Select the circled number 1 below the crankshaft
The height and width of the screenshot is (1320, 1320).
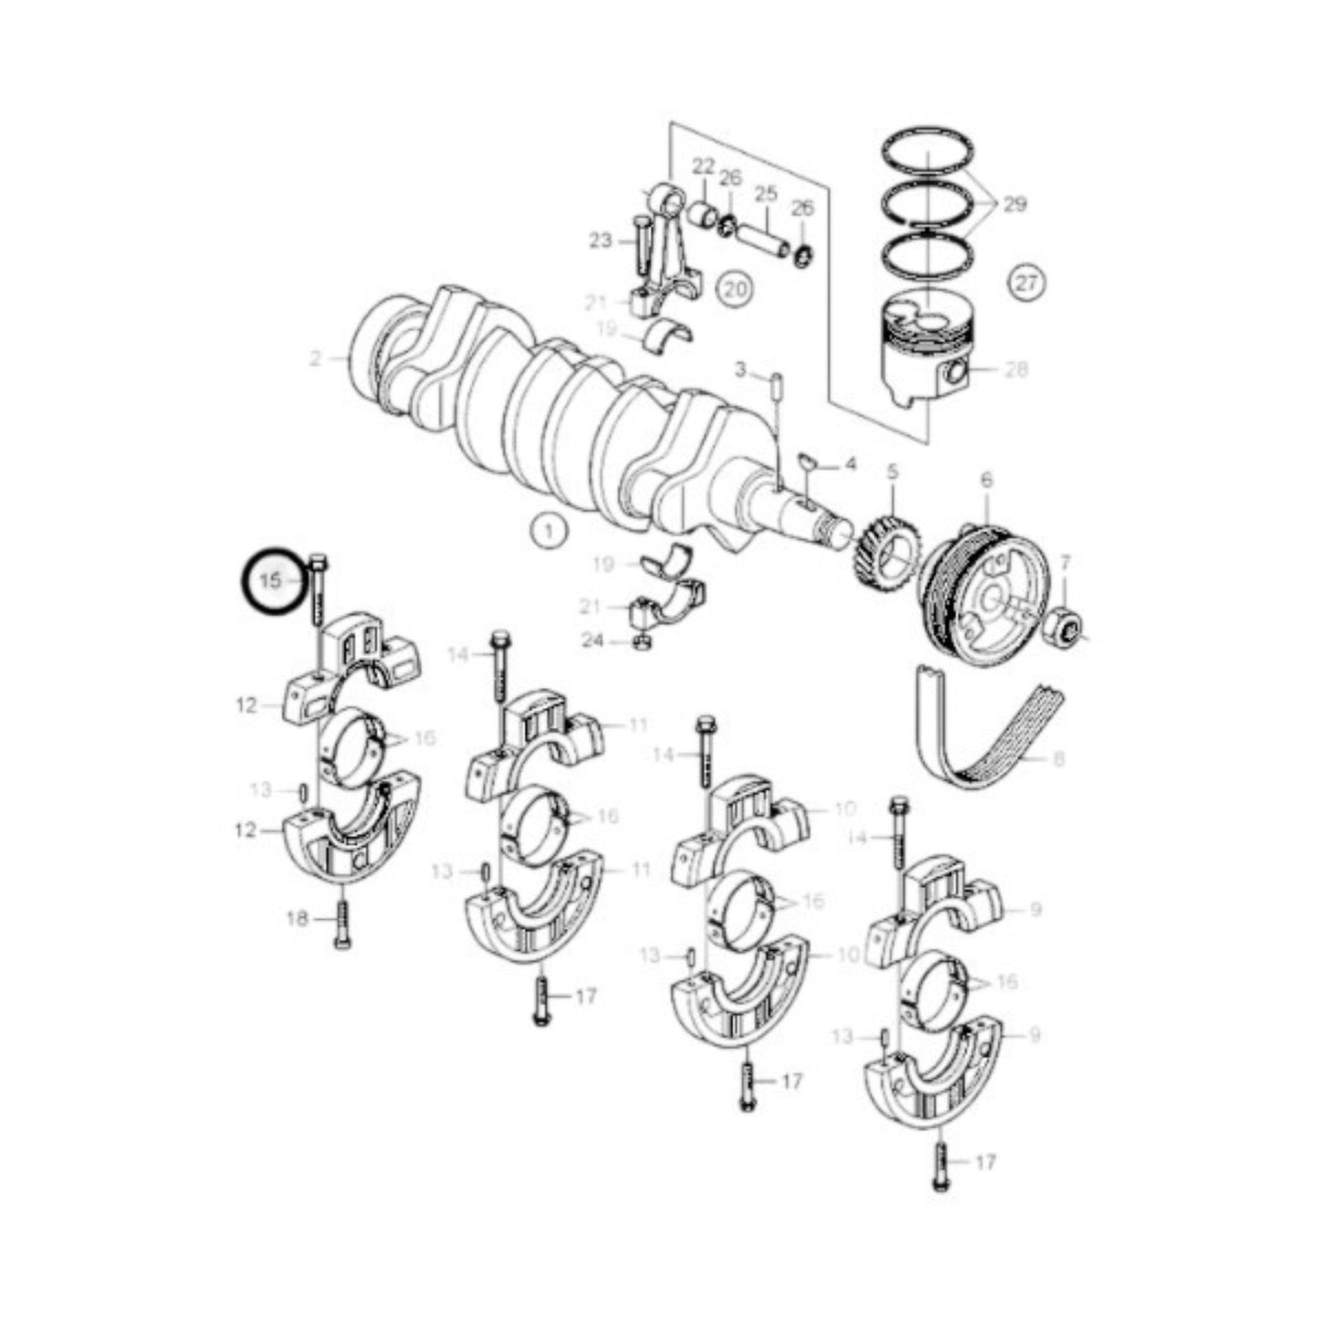click(548, 530)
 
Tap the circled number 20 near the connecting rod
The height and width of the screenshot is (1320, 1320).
click(736, 290)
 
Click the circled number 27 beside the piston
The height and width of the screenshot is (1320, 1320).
click(1028, 284)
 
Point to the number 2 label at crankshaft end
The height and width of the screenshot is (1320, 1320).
click(315, 359)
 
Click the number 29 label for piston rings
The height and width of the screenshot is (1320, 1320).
click(1015, 205)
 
